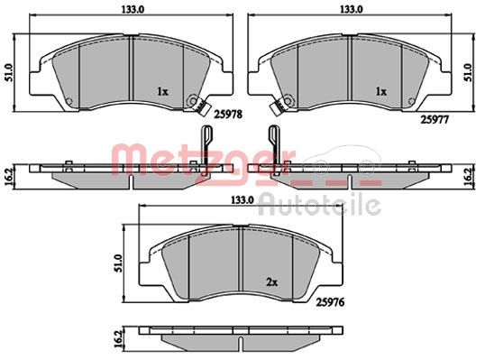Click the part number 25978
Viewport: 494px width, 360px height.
point(228,114)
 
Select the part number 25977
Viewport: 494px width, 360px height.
point(435,119)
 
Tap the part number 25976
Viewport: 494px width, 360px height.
point(330,302)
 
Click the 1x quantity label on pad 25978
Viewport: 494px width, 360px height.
point(163,92)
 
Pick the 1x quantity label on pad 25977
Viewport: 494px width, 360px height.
point(381,92)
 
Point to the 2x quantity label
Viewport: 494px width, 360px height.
point(272,282)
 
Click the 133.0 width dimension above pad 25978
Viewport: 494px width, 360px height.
point(133,9)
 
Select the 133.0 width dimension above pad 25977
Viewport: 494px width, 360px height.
point(352,9)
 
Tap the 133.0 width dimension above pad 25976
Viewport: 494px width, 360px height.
point(242,200)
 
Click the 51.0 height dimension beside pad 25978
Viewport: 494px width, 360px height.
point(9,73)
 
